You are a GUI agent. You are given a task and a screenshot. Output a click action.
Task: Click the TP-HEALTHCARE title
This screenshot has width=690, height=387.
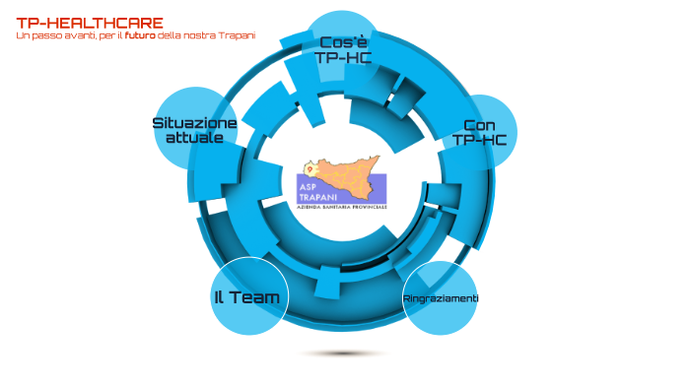(90, 23)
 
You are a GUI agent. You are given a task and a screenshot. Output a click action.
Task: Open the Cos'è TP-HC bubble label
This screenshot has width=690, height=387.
(342, 49)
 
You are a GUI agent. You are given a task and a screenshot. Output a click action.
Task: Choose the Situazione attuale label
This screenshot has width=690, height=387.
(194, 130)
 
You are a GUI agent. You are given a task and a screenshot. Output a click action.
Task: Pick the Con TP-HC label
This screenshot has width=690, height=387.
(479, 132)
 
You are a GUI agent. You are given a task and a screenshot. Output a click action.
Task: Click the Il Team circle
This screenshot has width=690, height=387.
(247, 297)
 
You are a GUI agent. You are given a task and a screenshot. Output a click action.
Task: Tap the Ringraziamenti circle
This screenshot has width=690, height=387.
(441, 298)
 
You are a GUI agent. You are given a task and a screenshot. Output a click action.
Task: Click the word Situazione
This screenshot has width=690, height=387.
(194, 123)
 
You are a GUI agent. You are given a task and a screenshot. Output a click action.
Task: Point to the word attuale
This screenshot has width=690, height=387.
(194, 138)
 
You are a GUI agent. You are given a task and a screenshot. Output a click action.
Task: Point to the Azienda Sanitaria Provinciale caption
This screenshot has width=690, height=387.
(342, 208)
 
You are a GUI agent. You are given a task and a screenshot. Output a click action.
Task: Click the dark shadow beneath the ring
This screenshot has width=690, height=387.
(343, 353)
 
